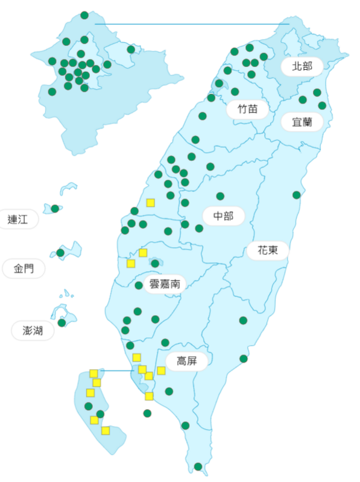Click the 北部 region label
pyautogui.click(x=302, y=66)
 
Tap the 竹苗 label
pyautogui.click(x=247, y=109)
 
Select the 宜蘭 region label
pyautogui.click(x=302, y=122)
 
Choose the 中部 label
pyautogui.click(x=223, y=216)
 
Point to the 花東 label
pyautogui.click(x=267, y=250)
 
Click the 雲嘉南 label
pyautogui.click(x=164, y=284)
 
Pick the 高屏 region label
pyautogui.click(x=186, y=361)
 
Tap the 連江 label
pyautogui.click(x=18, y=219)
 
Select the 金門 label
pyautogui.click(x=24, y=269)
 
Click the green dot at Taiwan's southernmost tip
pyautogui.click(x=198, y=466)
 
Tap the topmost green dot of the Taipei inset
pyautogui.click(x=84, y=15)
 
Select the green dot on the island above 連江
pyautogui.click(x=55, y=208)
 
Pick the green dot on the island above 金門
pyautogui.click(x=60, y=253)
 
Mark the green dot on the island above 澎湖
pyautogui.click(x=62, y=323)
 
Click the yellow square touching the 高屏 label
pyautogui.click(x=161, y=371)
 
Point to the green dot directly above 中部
pyautogui.click(x=220, y=196)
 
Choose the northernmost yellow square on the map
pyautogui.click(x=150, y=202)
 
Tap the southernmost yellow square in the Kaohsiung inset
pyautogui.click(x=106, y=430)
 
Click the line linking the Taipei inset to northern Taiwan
pyautogui.click(x=193, y=24)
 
